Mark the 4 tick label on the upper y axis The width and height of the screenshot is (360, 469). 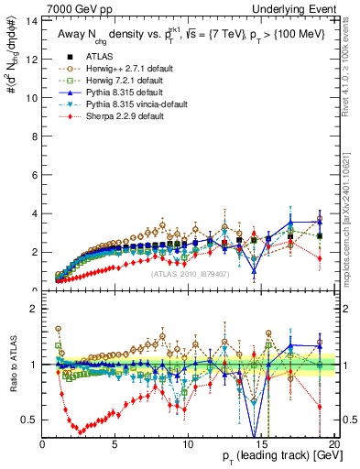click(x=35, y=213)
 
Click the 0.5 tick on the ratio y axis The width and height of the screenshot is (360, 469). click(x=31, y=420)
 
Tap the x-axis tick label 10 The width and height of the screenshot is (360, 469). click(x=187, y=445)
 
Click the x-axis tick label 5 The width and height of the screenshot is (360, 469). click(x=115, y=445)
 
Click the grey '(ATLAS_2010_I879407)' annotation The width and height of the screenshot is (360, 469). click(x=190, y=273)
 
